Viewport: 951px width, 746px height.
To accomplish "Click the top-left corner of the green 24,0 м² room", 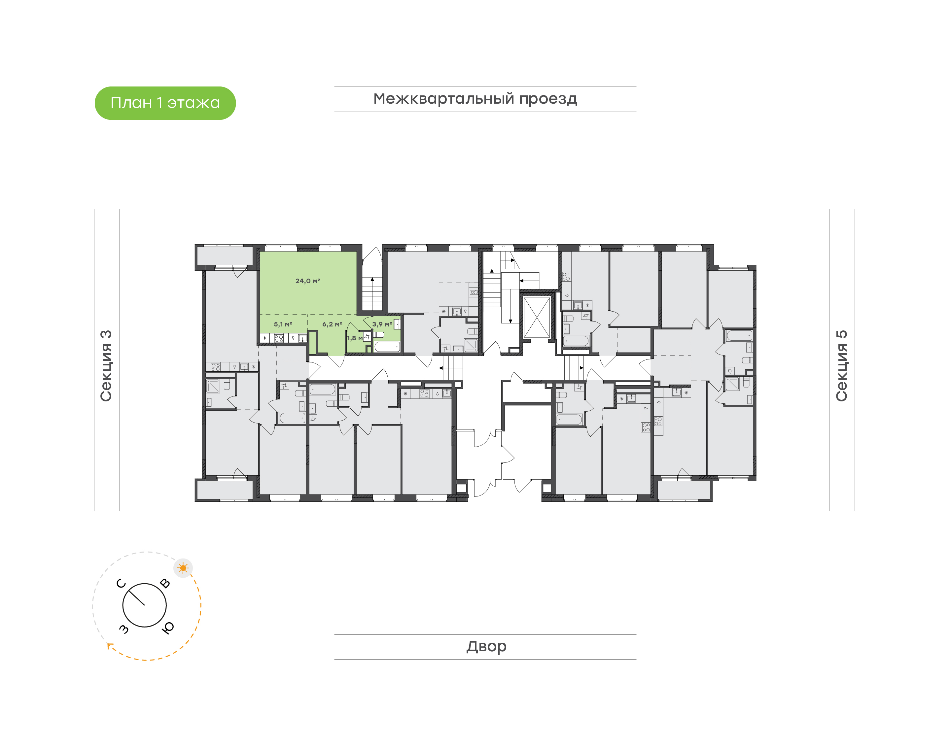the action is click(x=261, y=252).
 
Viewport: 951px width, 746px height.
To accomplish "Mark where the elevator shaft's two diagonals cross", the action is click(x=537, y=318).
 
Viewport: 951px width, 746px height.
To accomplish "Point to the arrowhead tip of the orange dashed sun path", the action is click(x=108, y=644).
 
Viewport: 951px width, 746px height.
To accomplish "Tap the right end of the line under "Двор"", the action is click(x=636, y=660).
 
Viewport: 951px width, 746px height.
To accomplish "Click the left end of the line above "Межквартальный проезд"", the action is click(x=335, y=87).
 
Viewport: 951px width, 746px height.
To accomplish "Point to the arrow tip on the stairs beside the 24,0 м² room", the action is click(x=372, y=277).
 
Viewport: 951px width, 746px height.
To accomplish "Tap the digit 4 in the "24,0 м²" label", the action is click(x=301, y=281).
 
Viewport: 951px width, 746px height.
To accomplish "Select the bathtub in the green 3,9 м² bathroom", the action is click(x=387, y=347).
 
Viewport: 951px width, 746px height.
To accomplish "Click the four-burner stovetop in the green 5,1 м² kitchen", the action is click(x=279, y=338).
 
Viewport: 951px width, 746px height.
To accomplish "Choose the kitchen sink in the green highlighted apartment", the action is click(x=302, y=338).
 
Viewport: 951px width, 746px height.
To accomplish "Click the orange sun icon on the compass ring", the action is click(x=183, y=568).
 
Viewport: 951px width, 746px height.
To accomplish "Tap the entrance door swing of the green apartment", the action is click(x=335, y=361).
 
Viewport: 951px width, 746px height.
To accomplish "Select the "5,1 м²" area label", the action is click(x=283, y=324).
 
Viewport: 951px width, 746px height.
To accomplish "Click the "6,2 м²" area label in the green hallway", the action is click(x=333, y=324).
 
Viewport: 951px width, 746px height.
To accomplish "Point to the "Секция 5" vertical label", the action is click(x=842, y=366).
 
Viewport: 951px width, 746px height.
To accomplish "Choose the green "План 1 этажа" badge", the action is click(x=165, y=103).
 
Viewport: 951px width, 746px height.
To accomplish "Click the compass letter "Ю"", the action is click(x=168, y=627).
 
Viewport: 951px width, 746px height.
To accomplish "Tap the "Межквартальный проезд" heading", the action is click(x=475, y=99).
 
